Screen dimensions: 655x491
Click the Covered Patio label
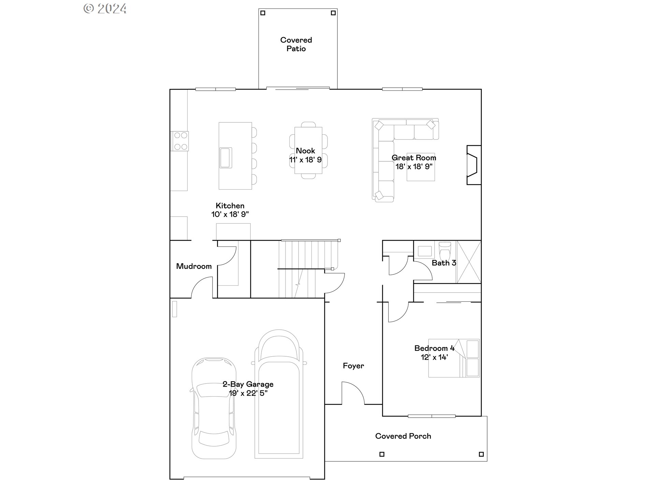[296, 44]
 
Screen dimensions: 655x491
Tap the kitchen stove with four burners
[180, 141]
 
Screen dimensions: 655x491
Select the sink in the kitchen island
[225, 158]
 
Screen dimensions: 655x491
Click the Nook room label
[305, 151]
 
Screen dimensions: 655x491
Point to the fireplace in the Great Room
[474, 165]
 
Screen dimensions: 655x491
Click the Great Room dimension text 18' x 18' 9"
[414, 167]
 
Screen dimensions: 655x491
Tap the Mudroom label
[194, 266]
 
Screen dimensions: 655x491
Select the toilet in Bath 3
[445, 251]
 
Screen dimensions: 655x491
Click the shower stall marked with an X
[469, 262]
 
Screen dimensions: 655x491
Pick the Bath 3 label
[444, 263]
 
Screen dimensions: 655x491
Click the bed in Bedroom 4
[454, 358]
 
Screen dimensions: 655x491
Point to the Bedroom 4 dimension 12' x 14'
[434, 357]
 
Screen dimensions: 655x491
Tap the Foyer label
[353, 366]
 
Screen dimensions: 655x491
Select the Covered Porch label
[403, 436]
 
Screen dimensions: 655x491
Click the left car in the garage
[214, 408]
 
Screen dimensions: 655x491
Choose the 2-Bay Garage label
[248, 384]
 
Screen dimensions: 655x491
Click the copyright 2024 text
[105, 9]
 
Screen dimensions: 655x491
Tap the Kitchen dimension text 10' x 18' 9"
[230, 214]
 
